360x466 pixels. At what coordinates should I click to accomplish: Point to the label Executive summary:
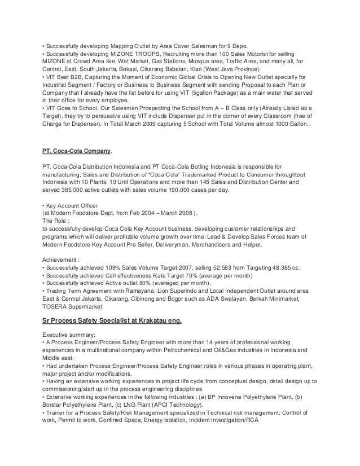pos(71,334)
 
